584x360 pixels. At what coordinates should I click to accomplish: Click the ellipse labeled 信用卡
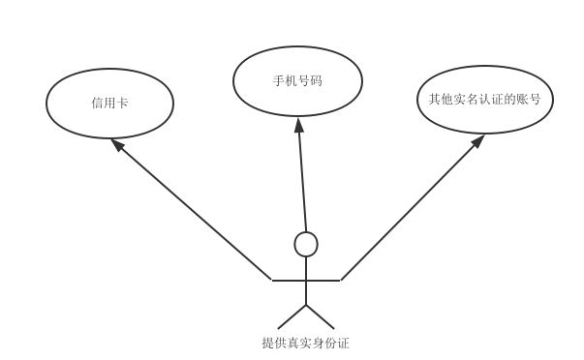coord(109,103)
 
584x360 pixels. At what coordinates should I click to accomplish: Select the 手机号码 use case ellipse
coord(297,80)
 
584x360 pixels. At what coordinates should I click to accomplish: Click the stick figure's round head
coord(306,244)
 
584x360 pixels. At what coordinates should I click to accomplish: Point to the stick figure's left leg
coord(292,317)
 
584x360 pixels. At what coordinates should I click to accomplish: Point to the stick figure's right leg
coord(321,317)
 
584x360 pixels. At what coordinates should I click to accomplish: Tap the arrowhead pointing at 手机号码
coord(298,125)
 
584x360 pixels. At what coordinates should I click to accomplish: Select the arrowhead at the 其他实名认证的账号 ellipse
coord(477,141)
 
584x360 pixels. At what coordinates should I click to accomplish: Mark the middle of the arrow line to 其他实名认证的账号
coord(411,209)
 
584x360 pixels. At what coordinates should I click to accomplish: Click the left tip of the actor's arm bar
coord(274,280)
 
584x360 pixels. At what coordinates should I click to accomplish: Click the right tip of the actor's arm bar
coord(339,280)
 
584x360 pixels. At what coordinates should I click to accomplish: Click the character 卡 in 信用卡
coord(123,103)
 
